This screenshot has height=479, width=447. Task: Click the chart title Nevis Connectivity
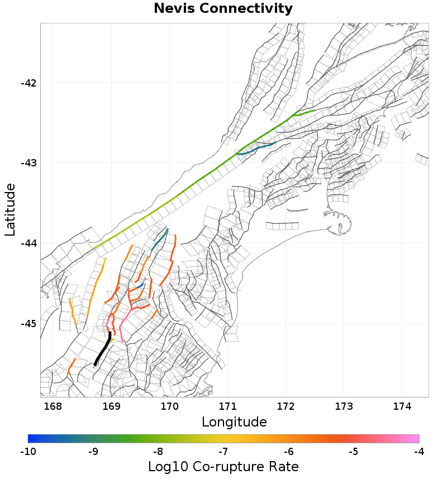223,9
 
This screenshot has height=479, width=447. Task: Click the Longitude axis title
234,421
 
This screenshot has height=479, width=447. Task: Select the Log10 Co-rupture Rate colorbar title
223,467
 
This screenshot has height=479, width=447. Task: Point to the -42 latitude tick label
28,83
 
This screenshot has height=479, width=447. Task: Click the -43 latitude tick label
28,163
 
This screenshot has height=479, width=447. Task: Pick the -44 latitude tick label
28,243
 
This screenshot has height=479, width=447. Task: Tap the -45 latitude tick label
28,324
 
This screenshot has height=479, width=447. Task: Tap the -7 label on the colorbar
223,451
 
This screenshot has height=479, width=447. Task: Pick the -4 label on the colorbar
419,451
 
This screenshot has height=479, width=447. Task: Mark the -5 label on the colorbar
354,451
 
